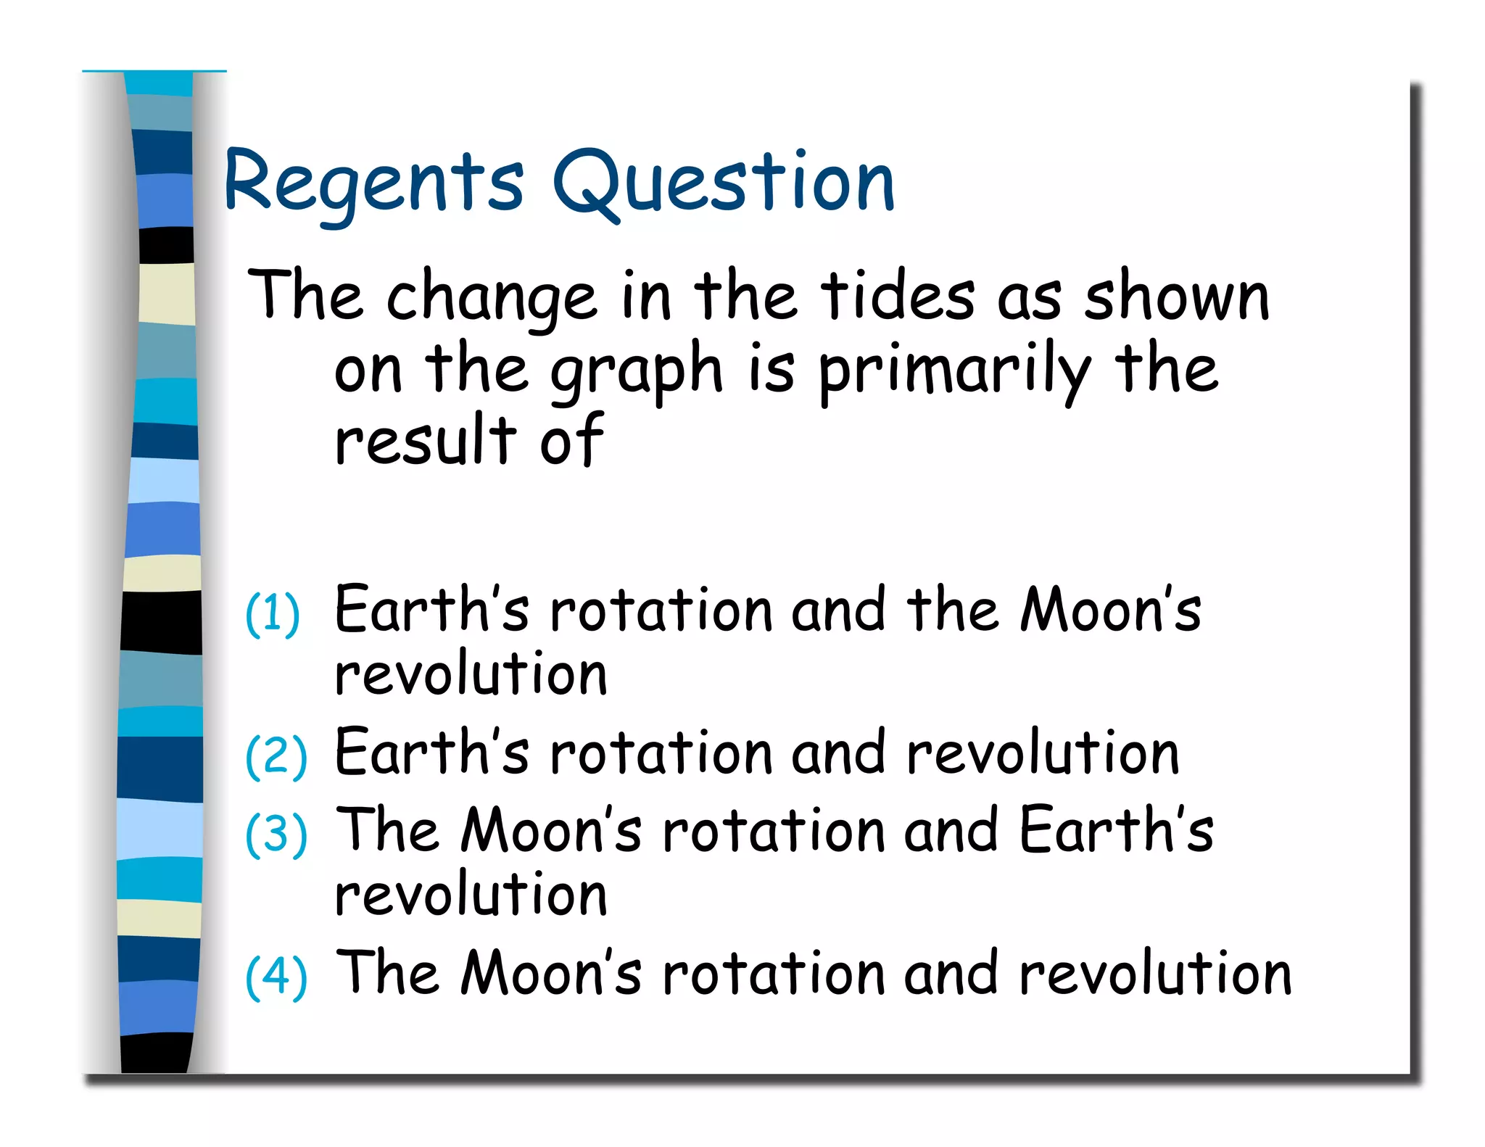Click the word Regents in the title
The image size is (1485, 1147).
pos(373,183)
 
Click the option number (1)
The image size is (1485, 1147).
pos(273,614)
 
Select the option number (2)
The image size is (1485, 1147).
pos(276,756)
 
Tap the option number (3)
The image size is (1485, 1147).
pos(276,835)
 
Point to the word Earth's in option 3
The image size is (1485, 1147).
pos(1116,829)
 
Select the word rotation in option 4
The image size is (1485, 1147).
pos(773,973)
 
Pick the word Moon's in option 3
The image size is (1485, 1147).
pos(551,829)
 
